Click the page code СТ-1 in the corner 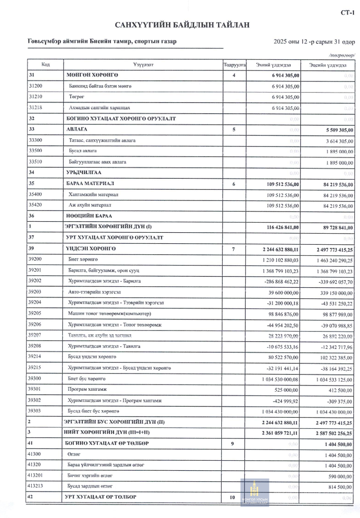click(x=347, y=13)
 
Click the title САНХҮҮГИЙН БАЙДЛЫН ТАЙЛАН click(x=182, y=25)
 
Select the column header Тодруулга click(x=235, y=65)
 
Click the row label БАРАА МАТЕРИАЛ click(x=91, y=184)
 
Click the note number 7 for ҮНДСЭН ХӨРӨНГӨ click(x=234, y=249)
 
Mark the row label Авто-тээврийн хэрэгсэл click(x=94, y=292)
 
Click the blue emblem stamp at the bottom click(x=254, y=493)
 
